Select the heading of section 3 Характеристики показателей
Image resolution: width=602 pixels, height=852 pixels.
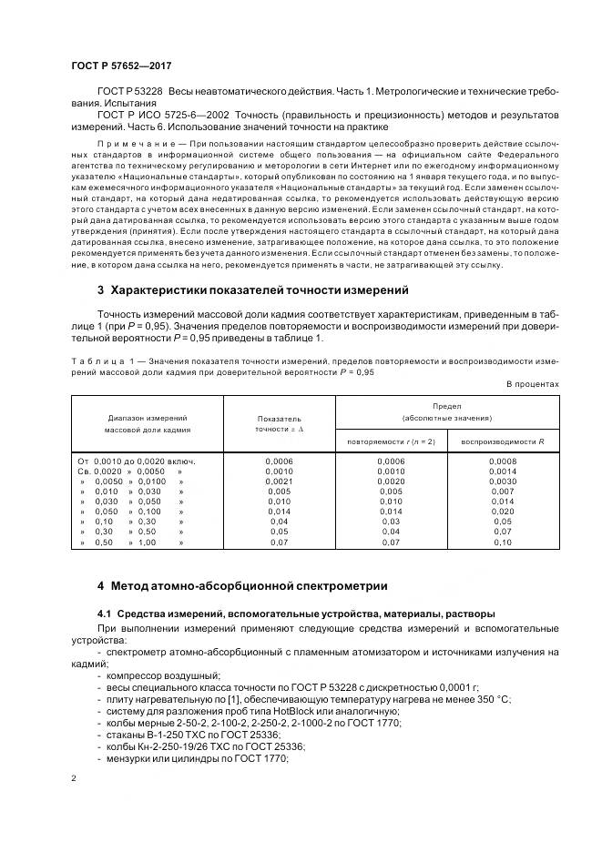pos(240,290)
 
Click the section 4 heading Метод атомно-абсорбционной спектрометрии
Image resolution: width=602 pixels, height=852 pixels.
pos(242,585)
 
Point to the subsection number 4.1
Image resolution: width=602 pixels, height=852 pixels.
pos(105,613)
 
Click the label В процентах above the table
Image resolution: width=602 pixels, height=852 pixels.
pos(532,384)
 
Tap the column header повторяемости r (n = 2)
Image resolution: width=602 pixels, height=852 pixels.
pos(392,441)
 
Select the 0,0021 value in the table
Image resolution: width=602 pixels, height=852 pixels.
pos(279,482)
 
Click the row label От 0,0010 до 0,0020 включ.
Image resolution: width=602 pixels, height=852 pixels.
pos(137,461)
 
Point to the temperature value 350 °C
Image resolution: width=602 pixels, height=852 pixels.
pos(490,698)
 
